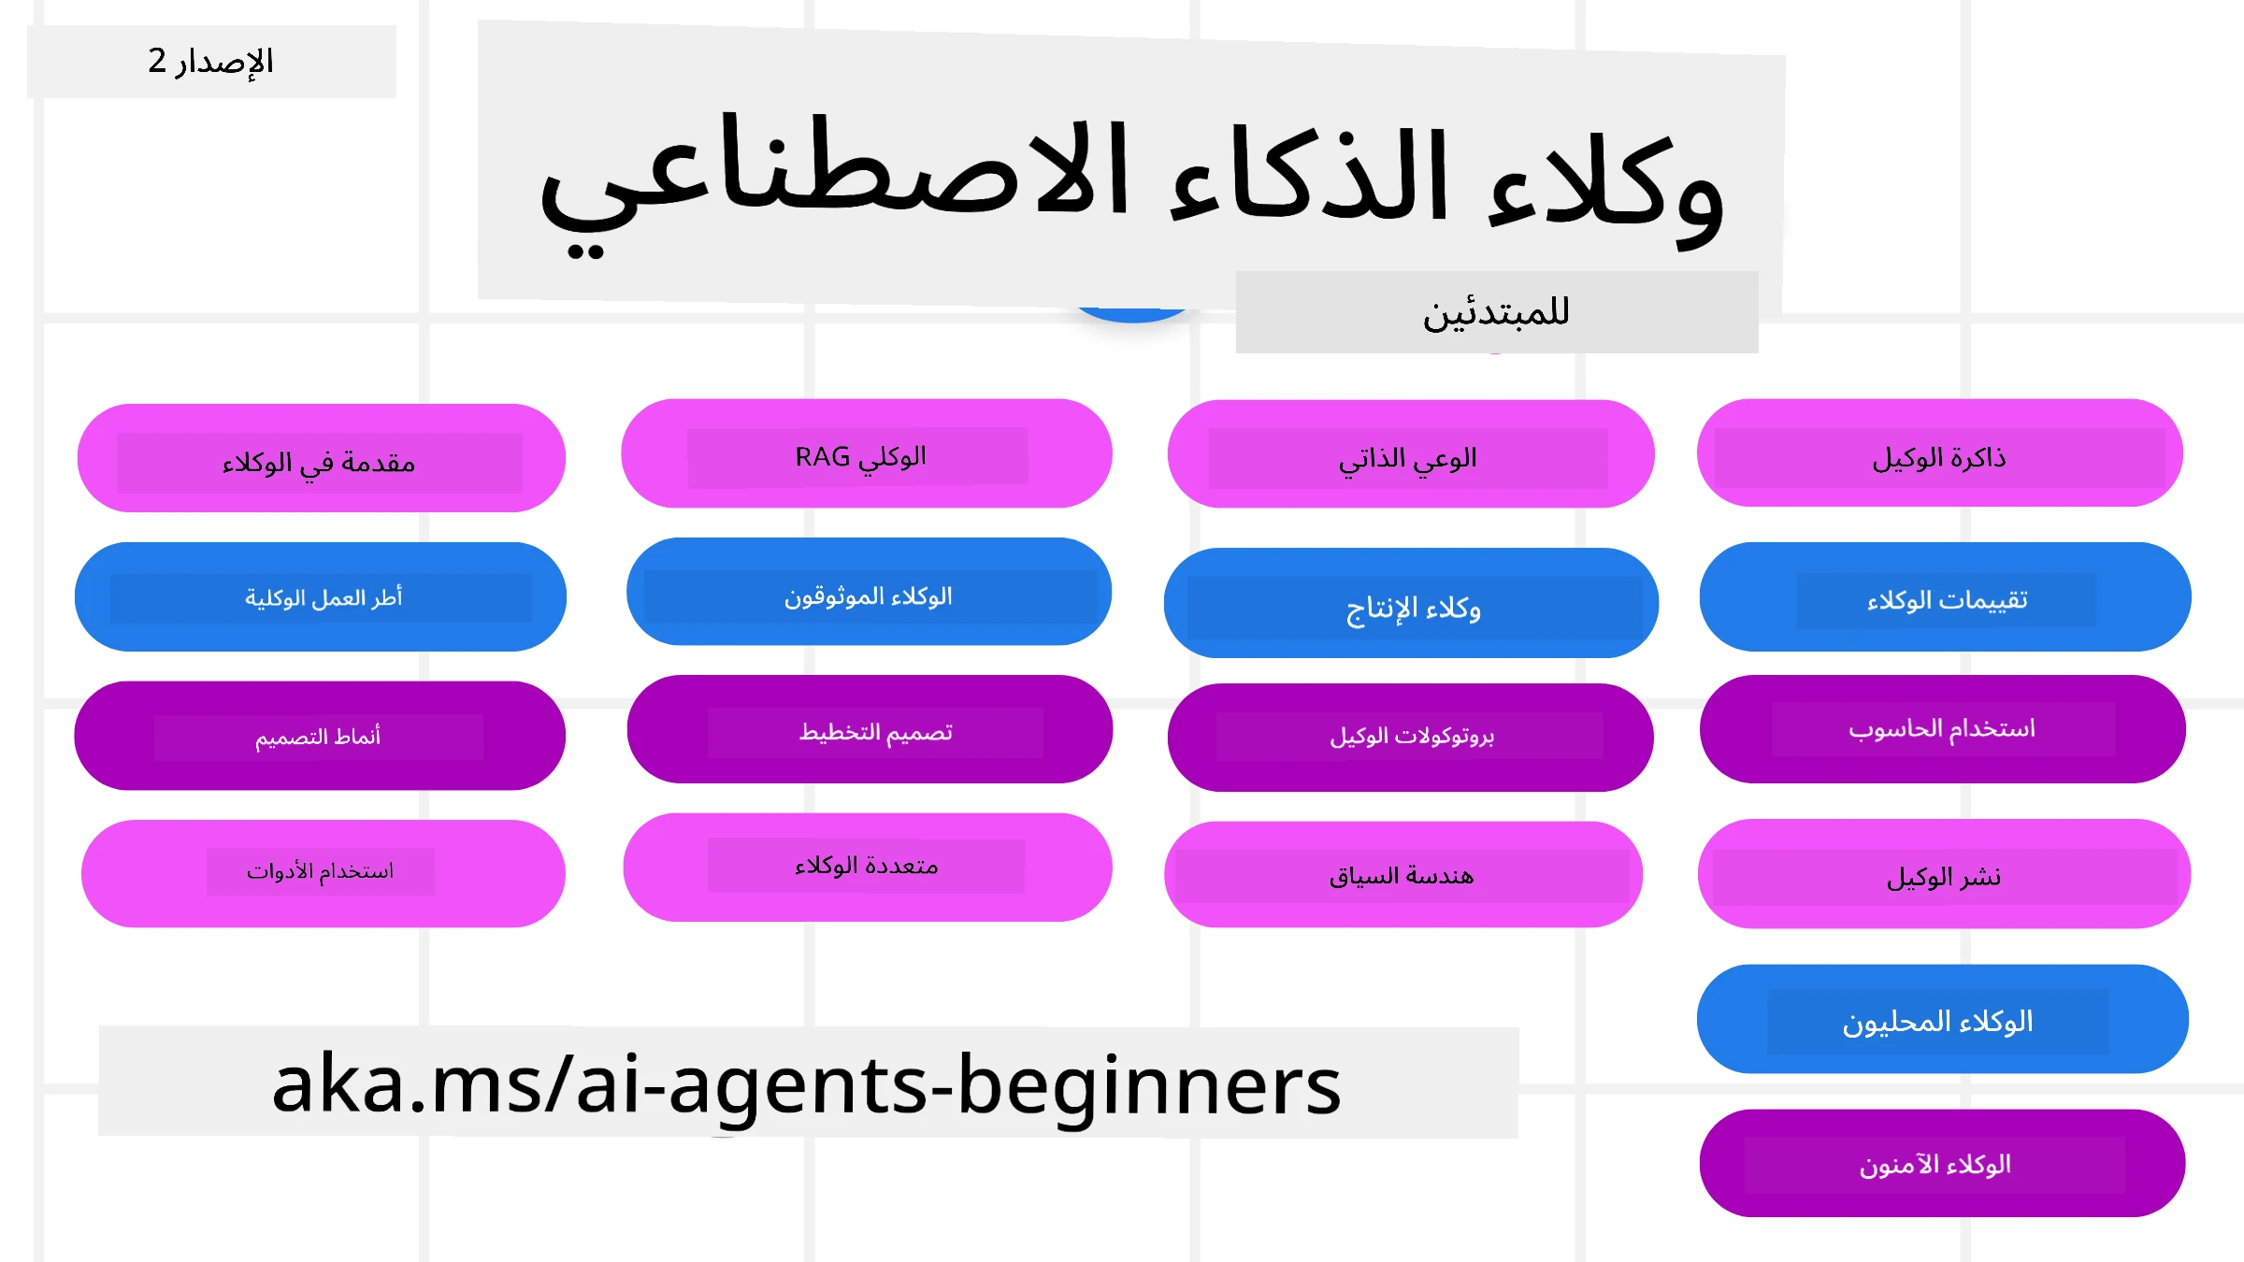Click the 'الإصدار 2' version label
[211, 62]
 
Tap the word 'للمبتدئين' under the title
[1496, 312]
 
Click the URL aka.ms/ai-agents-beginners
[807, 1083]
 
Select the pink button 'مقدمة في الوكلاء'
[320, 459]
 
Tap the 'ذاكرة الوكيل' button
[1939, 455]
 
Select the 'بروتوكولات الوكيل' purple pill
[1410, 737]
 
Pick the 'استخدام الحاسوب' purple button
[1942, 729]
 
